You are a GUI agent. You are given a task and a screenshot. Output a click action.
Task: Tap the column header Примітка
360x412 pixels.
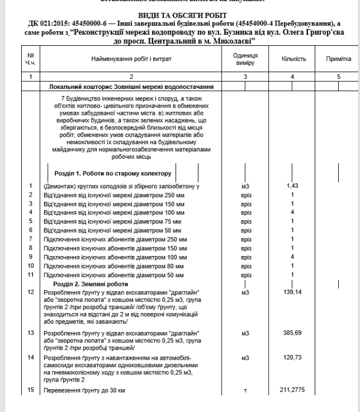click(x=339, y=59)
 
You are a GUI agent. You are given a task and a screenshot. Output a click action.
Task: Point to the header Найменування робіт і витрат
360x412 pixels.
click(x=131, y=59)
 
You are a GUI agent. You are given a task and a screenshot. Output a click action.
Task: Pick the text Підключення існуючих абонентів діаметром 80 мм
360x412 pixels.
click(x=115, y=266)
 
